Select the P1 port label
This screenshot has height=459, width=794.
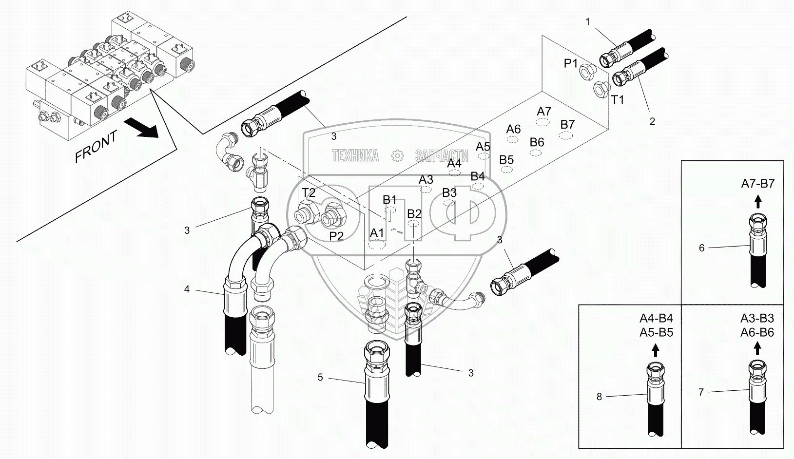pyautogui.click(x=571, y=63)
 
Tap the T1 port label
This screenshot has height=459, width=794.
pyautogui.click(x=618, y=100)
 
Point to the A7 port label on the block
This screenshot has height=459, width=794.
pyautogui.click(x=544, y=111)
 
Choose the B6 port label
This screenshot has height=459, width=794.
pyautogui.click(x=537, y=142)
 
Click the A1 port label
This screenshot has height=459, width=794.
pyautogui.click(x=377, y=233)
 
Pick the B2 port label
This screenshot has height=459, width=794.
pyautogui.click(x=414, y=213)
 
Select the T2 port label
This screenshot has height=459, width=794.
pyautogui.click(x=308, y=192)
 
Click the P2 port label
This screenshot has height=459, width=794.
pyautogui.click(x=336, y=236)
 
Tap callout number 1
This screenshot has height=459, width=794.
pyautogui.click(x=588, y=21)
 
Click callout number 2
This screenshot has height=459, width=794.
pyautogui.click(x=652, y=121)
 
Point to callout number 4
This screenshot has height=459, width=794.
pyautogui.click(x=187, y=289)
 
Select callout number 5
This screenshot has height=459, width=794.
pyautogui.click(x=320, y=377)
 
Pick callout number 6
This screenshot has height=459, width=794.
pyautogui.click(x=701, y=248)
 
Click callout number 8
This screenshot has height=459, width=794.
pyautogui.click(x=599, y=397)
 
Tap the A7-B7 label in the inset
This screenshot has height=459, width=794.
pyautogui.click(x=757, y=184)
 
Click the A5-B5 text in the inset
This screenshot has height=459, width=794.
pyautogui.click(x=656, y=332)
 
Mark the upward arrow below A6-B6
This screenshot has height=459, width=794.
pyautogui.click(x=757, y=348)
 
